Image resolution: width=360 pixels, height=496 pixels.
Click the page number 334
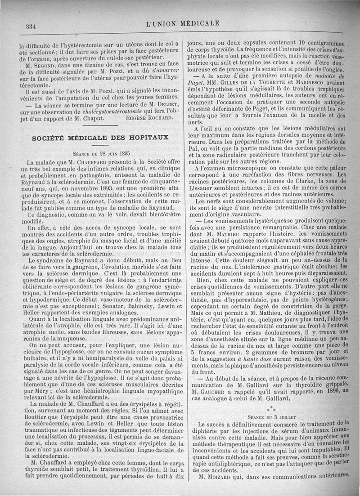click(31, 27)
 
